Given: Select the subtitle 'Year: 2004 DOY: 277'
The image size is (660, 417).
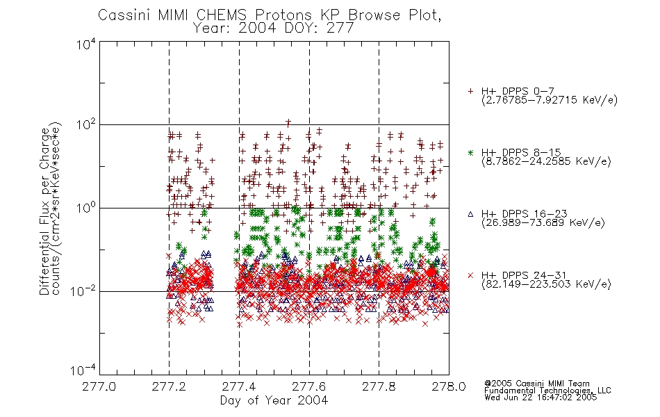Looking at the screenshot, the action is (273, 28).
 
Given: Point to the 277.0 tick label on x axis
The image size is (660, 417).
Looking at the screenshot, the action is (99, 386).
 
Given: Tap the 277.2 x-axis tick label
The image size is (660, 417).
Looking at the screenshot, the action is (169, 386).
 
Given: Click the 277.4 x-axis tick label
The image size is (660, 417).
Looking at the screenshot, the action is (239, 386).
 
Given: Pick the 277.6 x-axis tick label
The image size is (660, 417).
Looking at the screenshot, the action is (309, 386).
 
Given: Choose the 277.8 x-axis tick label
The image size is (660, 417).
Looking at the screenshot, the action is (379, 386).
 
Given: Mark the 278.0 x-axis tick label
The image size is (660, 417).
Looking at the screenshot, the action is (449, 386).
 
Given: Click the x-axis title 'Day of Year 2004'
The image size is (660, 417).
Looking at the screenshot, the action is (274, 400).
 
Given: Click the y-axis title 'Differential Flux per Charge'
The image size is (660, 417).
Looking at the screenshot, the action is (45, 211).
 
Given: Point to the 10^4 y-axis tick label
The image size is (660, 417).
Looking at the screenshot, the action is (86, 44).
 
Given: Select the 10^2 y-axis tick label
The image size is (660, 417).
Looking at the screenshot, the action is (86, 125).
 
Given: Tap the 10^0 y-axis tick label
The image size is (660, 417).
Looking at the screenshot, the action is (86, 208).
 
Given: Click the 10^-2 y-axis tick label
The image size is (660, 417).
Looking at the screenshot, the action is (83, 291).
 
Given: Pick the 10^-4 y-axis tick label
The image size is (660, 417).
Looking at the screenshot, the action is (83, 370).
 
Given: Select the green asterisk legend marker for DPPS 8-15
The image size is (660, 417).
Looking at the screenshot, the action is (470, 153).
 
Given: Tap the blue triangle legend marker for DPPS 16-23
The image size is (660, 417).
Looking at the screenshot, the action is (470, 214).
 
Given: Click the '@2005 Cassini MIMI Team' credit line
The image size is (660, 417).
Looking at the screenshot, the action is (536, 384).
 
